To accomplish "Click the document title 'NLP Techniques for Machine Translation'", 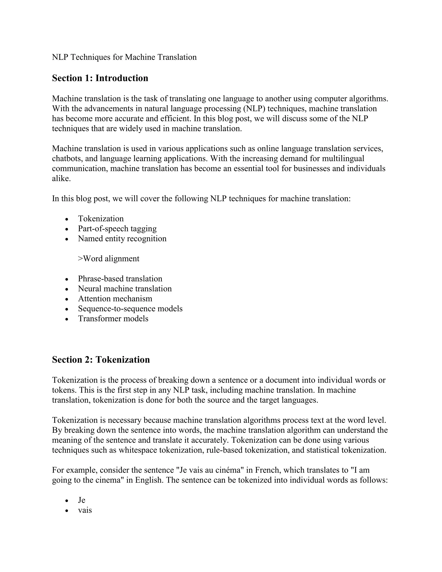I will pos(124,57).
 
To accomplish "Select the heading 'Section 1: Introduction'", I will pos(100,78).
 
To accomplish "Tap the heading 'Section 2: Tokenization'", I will pos(101,360).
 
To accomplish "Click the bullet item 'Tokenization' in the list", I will pos(101,218).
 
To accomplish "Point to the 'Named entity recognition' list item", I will pos(122,238).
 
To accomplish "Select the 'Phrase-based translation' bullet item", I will pos(120,278).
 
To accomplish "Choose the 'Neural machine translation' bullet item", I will pos(125,288).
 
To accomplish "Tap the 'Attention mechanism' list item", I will pos(115,298).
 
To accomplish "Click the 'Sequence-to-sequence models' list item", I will pos(130,308).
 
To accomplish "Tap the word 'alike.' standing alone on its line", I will pos(61,179).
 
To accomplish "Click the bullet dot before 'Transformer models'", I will pos(67,319).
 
